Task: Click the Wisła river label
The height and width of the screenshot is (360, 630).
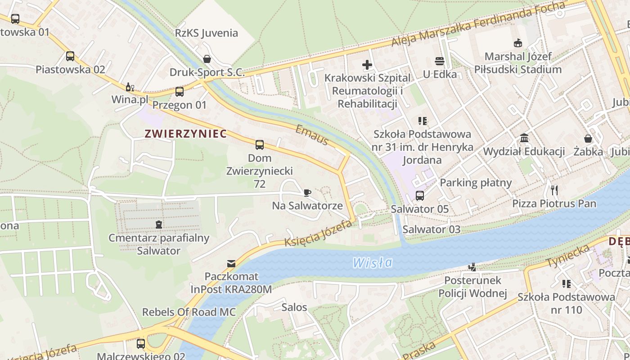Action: tap(373, 262)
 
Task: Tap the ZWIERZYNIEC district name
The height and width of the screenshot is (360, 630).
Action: tap(185, 134)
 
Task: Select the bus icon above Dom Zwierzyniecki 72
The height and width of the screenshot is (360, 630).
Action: tap(260, 145)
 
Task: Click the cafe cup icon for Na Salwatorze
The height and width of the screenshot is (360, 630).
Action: tap(307, 193)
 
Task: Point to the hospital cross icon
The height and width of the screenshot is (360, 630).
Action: tap(367, 65)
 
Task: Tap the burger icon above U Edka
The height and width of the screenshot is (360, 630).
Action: tap(439, 61)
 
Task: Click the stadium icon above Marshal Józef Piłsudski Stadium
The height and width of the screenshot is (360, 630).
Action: tap(518, 43)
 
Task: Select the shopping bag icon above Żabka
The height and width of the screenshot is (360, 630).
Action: tap(588, 139)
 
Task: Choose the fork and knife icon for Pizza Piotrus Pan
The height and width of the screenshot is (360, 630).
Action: tap(554, 190)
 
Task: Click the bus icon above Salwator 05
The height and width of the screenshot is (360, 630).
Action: tap(419, 196)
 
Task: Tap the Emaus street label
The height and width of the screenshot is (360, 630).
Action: tap(312, 135)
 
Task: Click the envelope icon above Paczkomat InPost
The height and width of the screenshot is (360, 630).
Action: tap(231, 263)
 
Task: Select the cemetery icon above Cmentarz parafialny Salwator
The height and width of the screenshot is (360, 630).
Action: tap(158, 224)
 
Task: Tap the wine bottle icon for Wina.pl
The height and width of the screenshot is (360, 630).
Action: tap(130, 87)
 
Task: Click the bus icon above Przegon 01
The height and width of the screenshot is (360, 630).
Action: tap(180, 92)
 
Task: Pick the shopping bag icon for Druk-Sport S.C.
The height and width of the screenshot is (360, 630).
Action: tap(207, 59)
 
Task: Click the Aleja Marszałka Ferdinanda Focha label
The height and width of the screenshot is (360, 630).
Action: tap(478, 24)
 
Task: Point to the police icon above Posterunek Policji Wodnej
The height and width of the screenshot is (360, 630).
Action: tap(472, 267)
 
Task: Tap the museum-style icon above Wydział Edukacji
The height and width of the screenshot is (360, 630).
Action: tap(524, 138)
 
